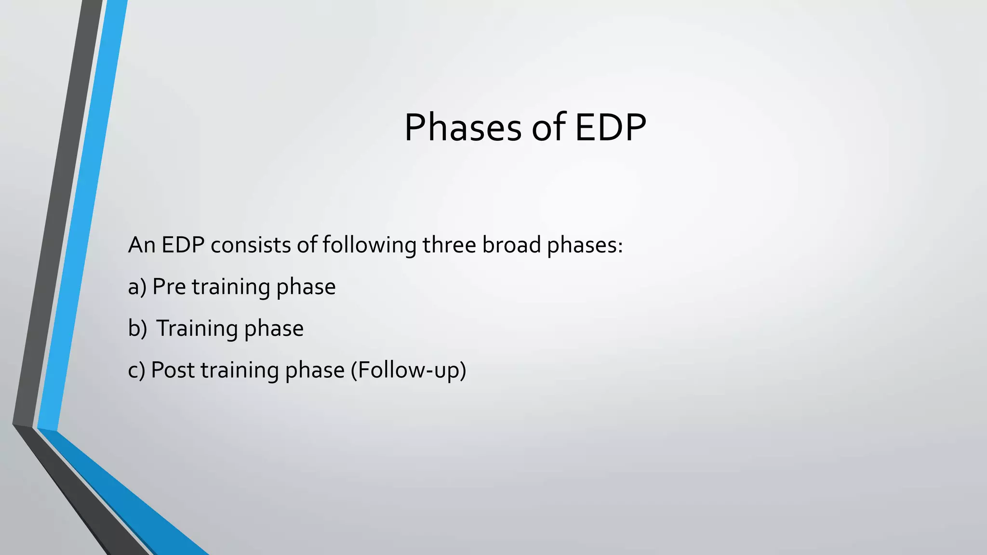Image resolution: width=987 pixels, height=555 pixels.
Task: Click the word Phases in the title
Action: [462, 128]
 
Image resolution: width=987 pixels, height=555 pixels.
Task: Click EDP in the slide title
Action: [610, 128]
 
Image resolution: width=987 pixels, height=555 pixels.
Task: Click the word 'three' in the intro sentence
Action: [449, 245]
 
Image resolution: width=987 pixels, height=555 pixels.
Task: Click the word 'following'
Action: [369, 246]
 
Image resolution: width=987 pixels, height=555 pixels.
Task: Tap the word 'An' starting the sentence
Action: [141, 245]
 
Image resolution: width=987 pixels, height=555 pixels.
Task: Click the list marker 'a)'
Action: [137, 287]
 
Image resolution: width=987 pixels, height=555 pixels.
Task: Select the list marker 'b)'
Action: [137, 329]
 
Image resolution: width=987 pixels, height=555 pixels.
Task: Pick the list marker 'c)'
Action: [136, 370]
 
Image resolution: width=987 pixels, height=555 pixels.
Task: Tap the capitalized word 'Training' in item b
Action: [197, 329]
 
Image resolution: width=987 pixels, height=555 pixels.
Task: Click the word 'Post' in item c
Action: [173, 370]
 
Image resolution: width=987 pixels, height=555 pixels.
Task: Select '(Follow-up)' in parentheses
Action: [408, 370]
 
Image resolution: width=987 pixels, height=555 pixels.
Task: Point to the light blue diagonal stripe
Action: [82, 217]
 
